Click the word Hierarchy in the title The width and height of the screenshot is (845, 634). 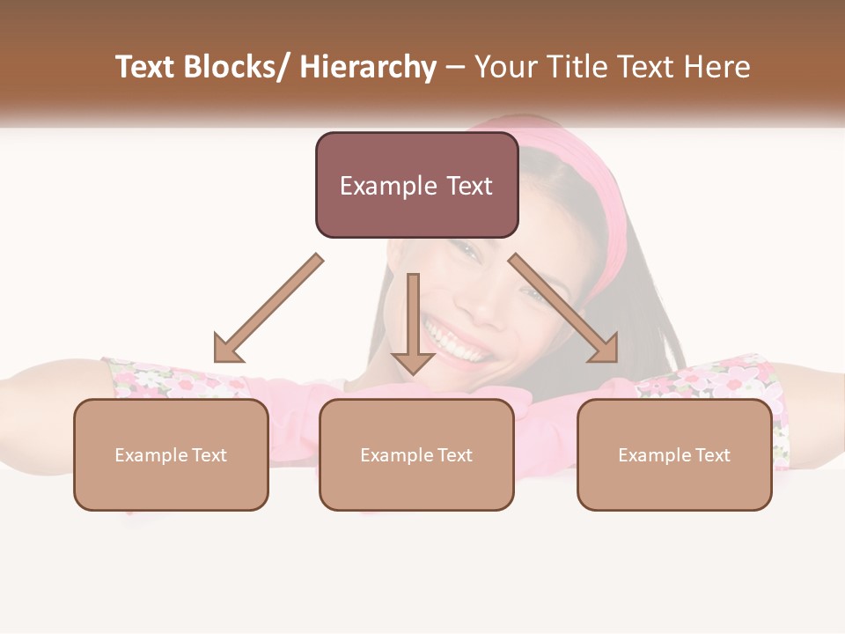(368, 67)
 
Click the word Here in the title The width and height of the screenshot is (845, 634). (716, 67)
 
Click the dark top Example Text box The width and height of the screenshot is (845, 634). (416, 185)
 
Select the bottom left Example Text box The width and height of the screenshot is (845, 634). (171, 454)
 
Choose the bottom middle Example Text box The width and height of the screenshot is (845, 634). (416, 454)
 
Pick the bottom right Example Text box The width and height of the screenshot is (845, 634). (674, 454)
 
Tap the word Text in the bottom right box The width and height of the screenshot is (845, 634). (713, 455)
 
